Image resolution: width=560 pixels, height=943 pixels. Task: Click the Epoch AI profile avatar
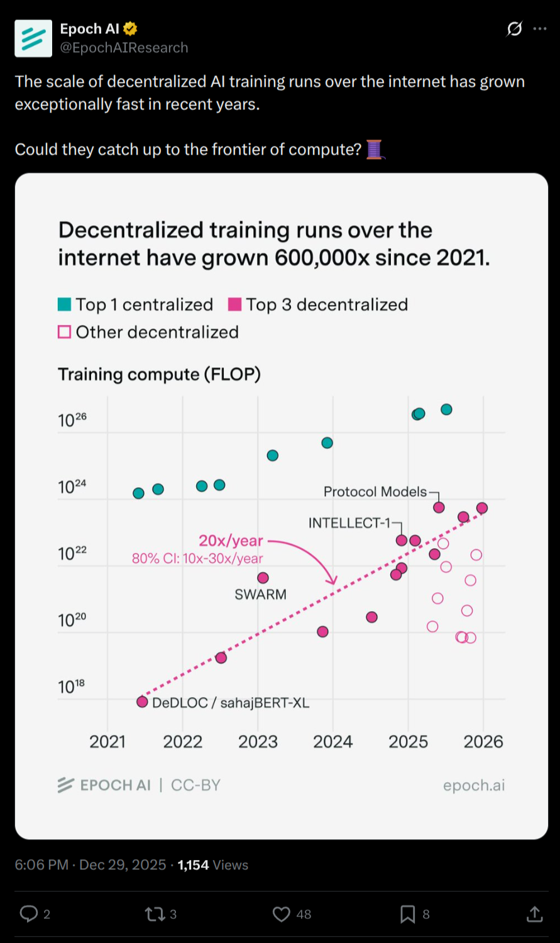pyautogui.click(x=33, y=38)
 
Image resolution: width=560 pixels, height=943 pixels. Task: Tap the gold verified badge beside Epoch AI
pyautogui.click(x=131, y=29)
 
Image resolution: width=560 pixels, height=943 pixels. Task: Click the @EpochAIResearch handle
pyautogui.click(x=124, y=48)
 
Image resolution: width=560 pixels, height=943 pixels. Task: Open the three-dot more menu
pyautogui.click(x=539, y=29)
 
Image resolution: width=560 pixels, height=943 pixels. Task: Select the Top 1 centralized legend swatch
pyautogui.click(x=64, y=305)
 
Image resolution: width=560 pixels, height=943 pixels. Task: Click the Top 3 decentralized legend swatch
pyautogui.click(x=234, y=305)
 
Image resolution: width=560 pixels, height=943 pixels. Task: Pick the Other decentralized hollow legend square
pyautogui.click(x=64, y=332)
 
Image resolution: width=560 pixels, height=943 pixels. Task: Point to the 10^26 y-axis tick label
pyautogui.click(x=72, y=419)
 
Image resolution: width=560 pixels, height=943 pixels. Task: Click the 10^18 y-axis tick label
pyautogui.click(x=71, y=687)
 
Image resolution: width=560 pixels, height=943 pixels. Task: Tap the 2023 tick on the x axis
pyautogui.click(x=258, y=742)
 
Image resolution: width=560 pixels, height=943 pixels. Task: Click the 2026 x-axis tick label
pyautogui.click(x=483, y=742)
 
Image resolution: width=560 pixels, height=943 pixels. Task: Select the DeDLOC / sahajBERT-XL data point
pyautogui.click(x=142, y=702)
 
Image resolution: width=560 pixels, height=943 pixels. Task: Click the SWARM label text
pyautogui.click(x=260, y=595)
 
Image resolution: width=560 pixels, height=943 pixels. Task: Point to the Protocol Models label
pyautogui.click(x=375, y=492)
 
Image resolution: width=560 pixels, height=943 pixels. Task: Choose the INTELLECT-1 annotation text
pyautogui.click(x=349, y=523)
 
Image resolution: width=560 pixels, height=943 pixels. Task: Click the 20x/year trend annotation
pyautogui.click(x=231, y=541)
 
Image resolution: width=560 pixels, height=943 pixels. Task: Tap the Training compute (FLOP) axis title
pyautogui.click(x=159, y=375)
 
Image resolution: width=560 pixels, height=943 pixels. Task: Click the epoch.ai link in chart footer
pyautogui.click(x=473, y=785)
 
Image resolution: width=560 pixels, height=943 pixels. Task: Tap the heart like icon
pyautogui.click(x=281, y=914)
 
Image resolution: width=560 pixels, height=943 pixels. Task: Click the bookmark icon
pyautogui.click(x=407, y=914)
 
